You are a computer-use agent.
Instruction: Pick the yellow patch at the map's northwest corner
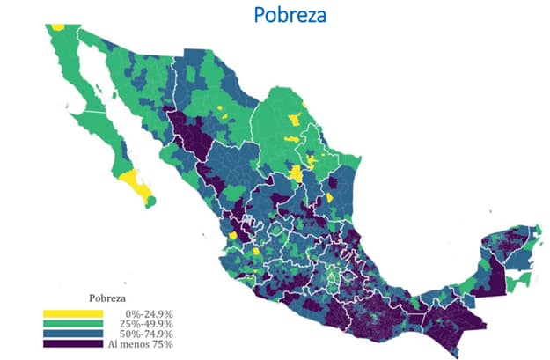[x=58, y=26]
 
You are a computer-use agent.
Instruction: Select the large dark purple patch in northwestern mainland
[x=189, y=141]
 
